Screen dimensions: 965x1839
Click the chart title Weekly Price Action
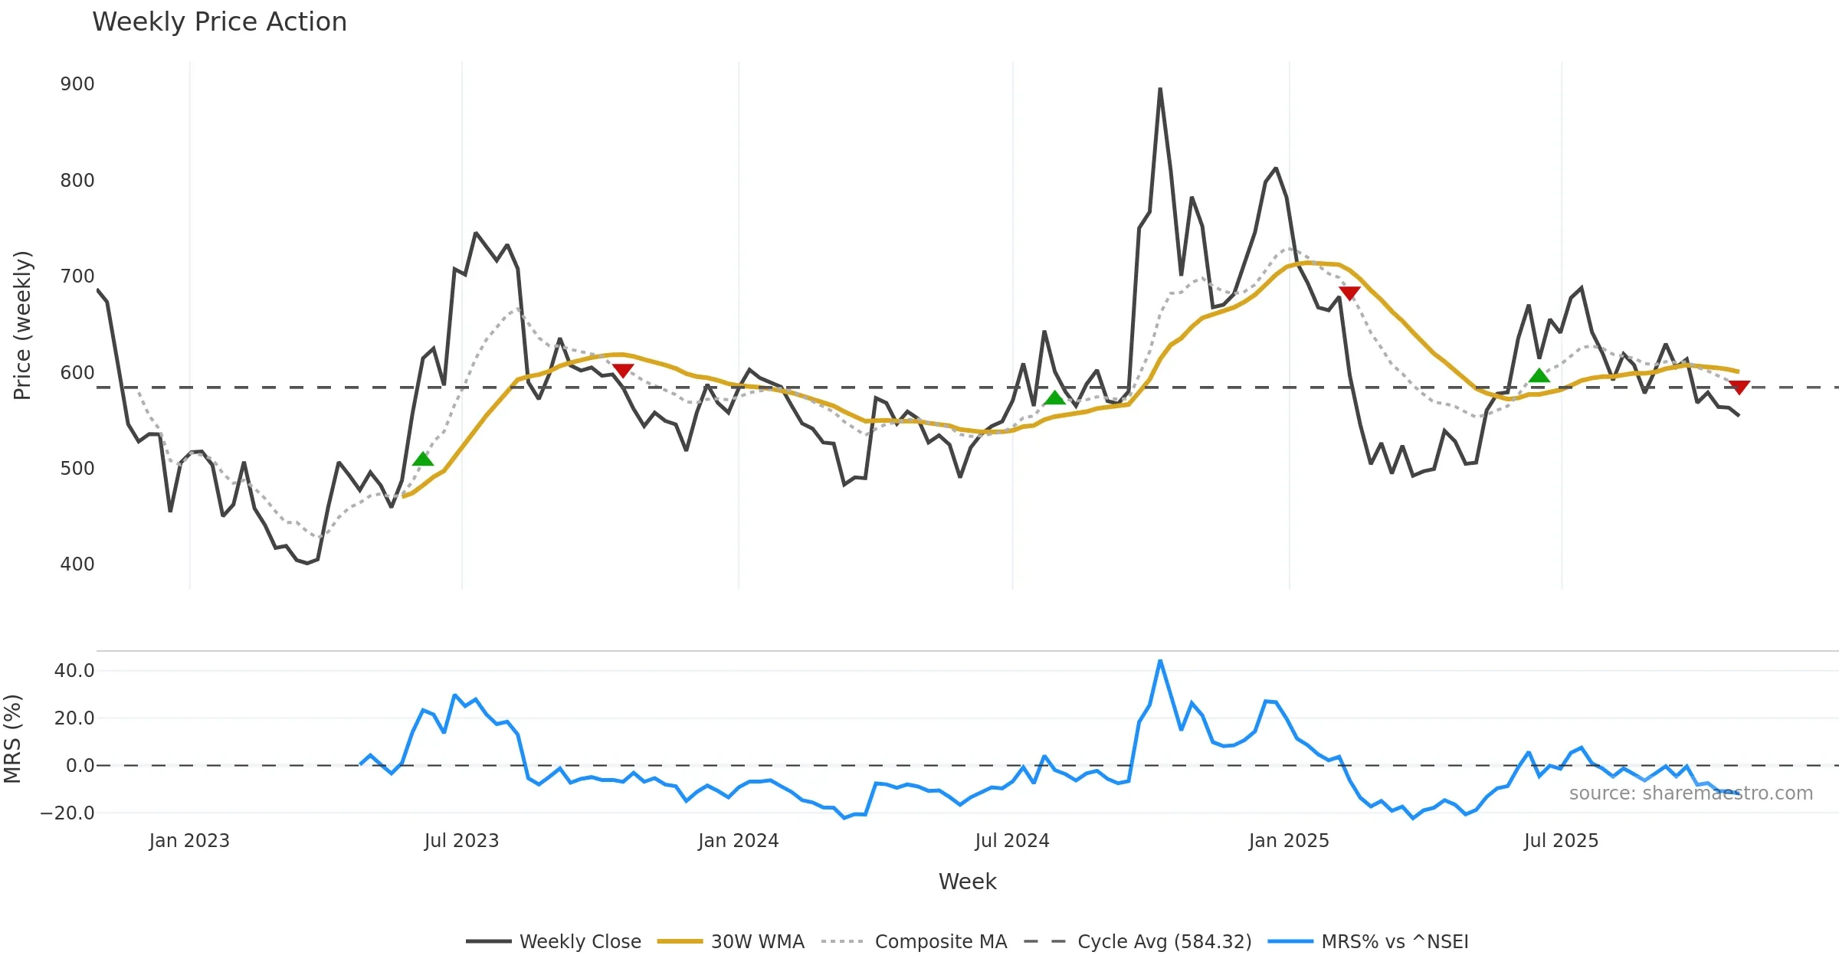(219, 22)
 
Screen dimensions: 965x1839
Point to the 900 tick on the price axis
(77, 84)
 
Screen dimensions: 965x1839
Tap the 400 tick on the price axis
(77, 564)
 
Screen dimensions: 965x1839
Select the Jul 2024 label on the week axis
(1011, 841)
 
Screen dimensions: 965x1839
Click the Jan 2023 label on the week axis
(189, 841)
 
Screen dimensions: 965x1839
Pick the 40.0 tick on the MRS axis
(74, 671)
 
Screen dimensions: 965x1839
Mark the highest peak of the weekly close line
(1160, 90)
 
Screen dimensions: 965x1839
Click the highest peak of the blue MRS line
(1160, 661)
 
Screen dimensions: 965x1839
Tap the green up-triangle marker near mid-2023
(423, 460)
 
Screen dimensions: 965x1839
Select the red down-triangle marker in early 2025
(1349, 293)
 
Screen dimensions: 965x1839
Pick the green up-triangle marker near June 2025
(1539, 375)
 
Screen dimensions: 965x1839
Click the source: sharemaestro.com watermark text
(1690, 793)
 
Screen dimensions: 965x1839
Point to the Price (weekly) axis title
(22, 325)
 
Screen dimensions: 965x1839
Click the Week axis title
(967, 882)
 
